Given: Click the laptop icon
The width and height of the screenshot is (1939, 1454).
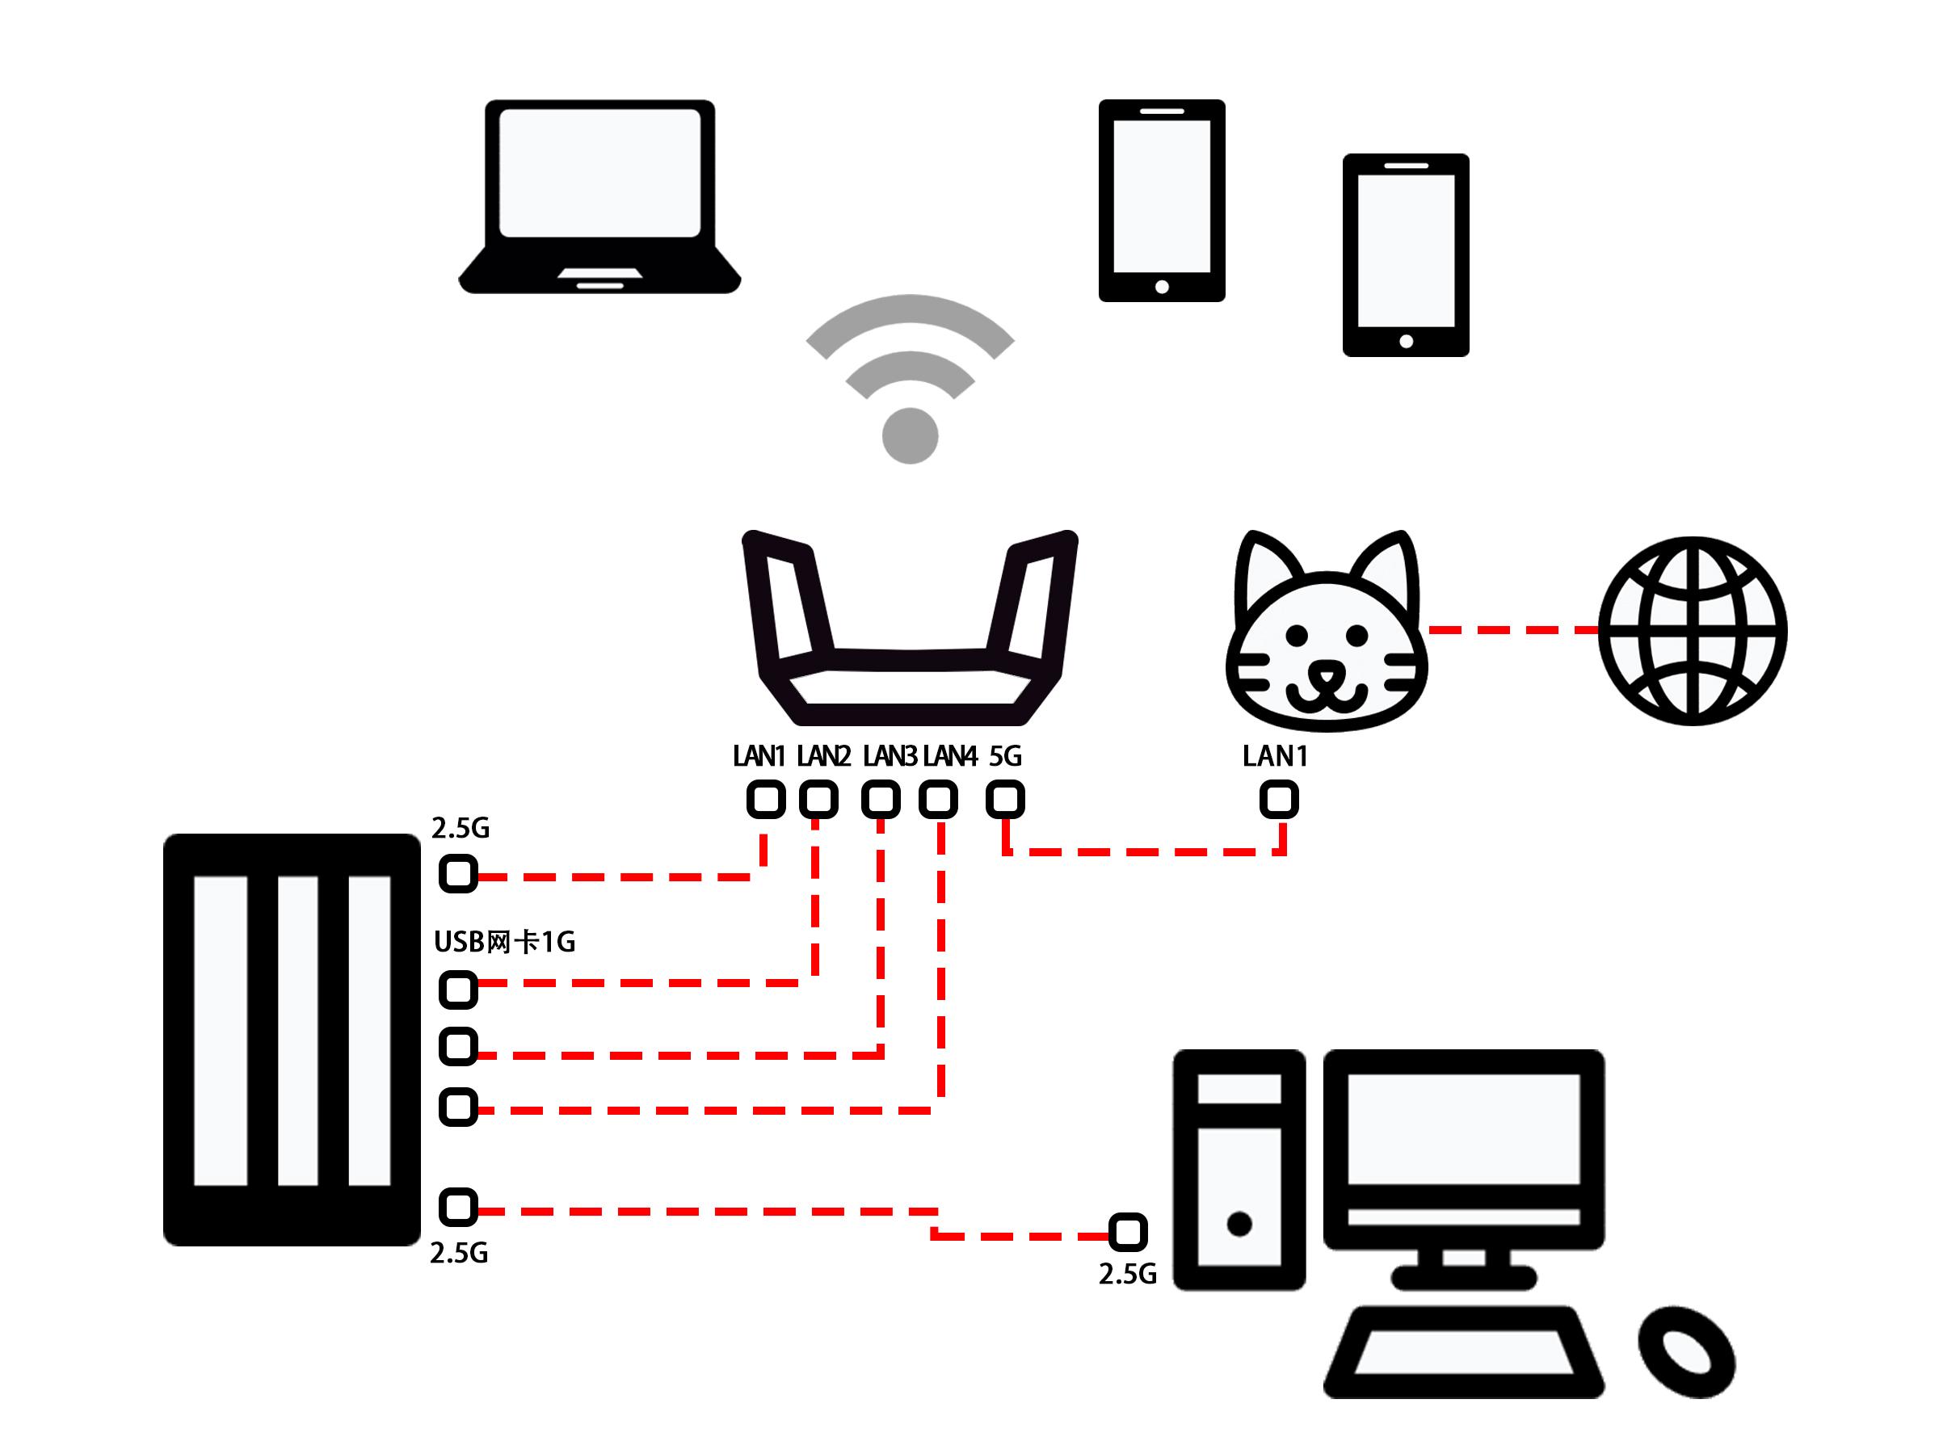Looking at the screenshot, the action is [599, 196].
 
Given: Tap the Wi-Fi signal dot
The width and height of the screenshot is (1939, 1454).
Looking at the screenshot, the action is [910, 435].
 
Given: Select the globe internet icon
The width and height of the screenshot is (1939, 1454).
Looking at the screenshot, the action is [1693, 631].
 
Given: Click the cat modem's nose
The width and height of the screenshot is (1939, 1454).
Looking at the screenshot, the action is [1327, 674].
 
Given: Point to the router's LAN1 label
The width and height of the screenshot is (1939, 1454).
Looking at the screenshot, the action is [759, 755].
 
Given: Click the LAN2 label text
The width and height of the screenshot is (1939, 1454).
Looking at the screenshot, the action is [824, 755].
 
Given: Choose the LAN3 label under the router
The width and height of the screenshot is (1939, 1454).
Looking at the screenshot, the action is [890, 755].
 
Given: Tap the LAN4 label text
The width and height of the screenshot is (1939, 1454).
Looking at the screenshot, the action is [950, 755].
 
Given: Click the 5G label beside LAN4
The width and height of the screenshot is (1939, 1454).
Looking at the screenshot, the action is [1005, 755].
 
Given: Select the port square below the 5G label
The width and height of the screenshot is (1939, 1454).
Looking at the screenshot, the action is [1005, 800].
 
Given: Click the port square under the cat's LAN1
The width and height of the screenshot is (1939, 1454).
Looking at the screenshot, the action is [1279, 800].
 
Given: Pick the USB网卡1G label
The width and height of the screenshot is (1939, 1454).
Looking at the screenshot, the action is [505, 942].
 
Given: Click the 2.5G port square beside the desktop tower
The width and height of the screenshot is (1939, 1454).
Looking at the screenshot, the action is [1128, 1232].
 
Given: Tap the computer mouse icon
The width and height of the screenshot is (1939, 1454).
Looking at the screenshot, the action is [1687, 1352].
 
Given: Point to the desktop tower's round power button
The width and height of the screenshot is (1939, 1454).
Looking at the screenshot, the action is [1239, 1224].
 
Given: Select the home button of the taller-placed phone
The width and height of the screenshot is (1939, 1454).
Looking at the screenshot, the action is [1163, 287].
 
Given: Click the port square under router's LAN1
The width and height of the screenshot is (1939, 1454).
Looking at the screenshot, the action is [766, 800].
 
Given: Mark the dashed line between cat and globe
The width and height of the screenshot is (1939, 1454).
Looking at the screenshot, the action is [1513, 629].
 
